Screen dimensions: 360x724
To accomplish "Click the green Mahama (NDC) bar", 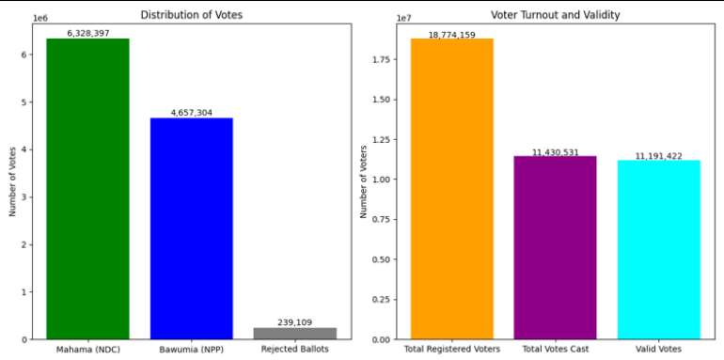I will tap(87, 188).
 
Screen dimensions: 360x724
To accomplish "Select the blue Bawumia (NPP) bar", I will tap(192, 228).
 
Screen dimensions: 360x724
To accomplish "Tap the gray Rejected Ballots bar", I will tap(295, 333).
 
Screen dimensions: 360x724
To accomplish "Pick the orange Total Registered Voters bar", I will tap(451, 188).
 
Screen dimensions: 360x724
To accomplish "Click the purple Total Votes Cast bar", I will tap(555, 247).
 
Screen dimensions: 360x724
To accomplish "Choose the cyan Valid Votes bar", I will tap(658, 249).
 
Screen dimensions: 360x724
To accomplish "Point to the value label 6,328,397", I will tap(87, 33).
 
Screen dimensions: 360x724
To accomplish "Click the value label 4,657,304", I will tap(192, 113).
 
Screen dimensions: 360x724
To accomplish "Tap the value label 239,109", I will tap(295, 322).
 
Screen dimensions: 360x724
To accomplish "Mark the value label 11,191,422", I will tap(658, 156).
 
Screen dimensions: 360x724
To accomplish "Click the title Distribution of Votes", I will tap(192, 14).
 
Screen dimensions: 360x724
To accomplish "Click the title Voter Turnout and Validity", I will tap(555, 14).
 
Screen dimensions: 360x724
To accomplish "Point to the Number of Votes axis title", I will tap(12, 180).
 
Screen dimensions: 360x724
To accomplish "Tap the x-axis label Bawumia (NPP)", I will tap(192, 351).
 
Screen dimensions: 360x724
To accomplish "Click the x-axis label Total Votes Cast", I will tap(555, 351).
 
